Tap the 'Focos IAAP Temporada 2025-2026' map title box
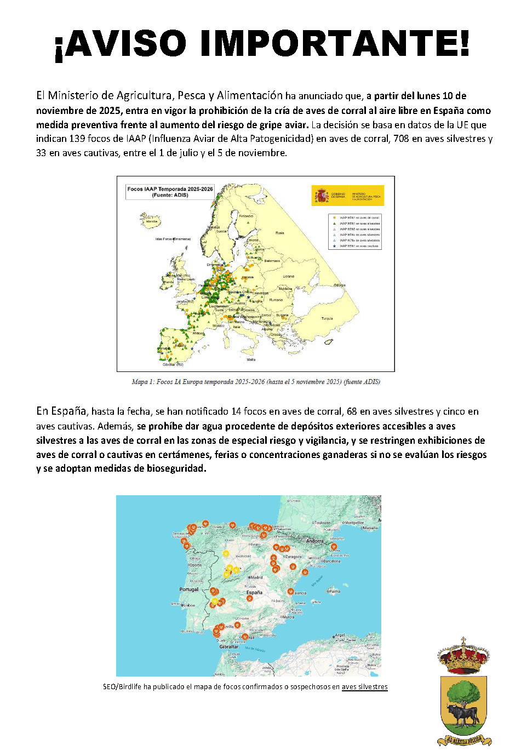pos(170,192)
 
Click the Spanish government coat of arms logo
pos(321,195)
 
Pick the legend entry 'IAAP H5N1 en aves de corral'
pos(359,217)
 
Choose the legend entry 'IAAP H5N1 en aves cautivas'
pos(359,246)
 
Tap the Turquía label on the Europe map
pos(327,318)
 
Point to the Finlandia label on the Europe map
pos(246,216)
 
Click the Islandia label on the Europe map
pos(151,221)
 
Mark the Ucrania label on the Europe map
pos(288,276)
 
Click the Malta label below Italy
pos(251,360)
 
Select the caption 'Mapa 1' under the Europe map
pos(256,382)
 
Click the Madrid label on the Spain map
pos(256,577)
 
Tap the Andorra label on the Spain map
pos(314,541)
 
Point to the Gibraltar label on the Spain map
pos(229,646)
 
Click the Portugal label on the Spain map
pos(189,589)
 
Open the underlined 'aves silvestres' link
pos(364,686)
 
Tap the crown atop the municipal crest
pos(463,655)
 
